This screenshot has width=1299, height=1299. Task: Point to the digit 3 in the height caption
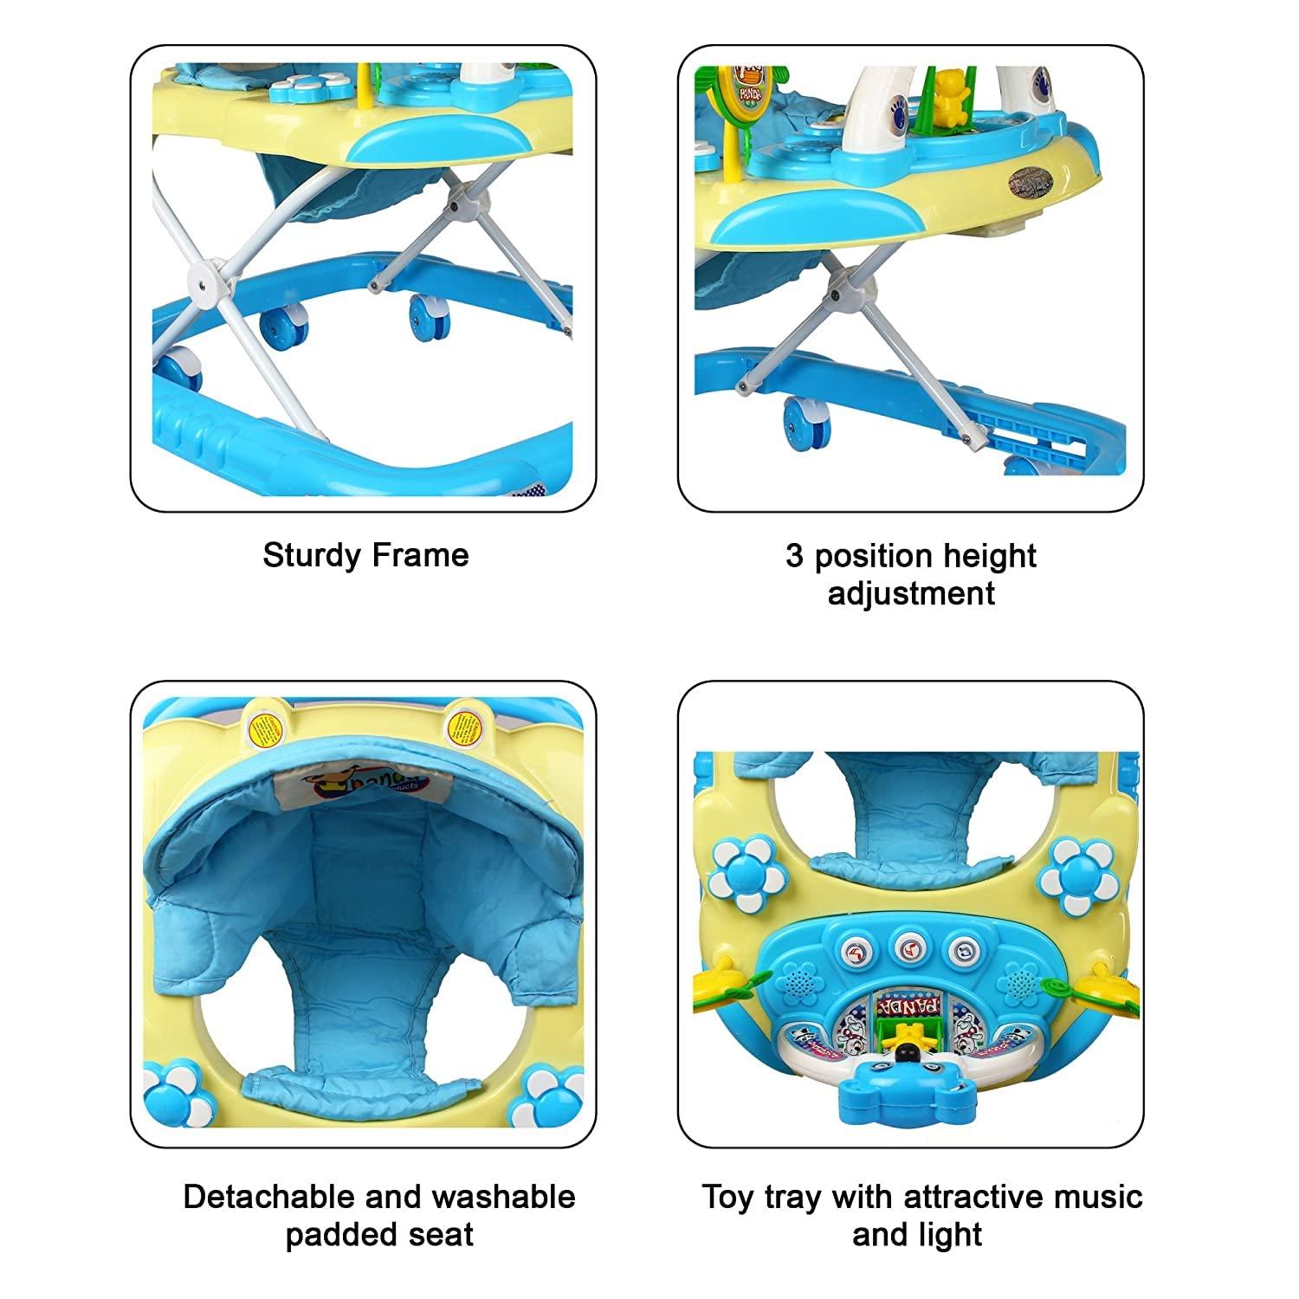794,555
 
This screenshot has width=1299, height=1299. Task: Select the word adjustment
911,593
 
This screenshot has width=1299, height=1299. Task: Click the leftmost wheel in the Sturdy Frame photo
184,370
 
